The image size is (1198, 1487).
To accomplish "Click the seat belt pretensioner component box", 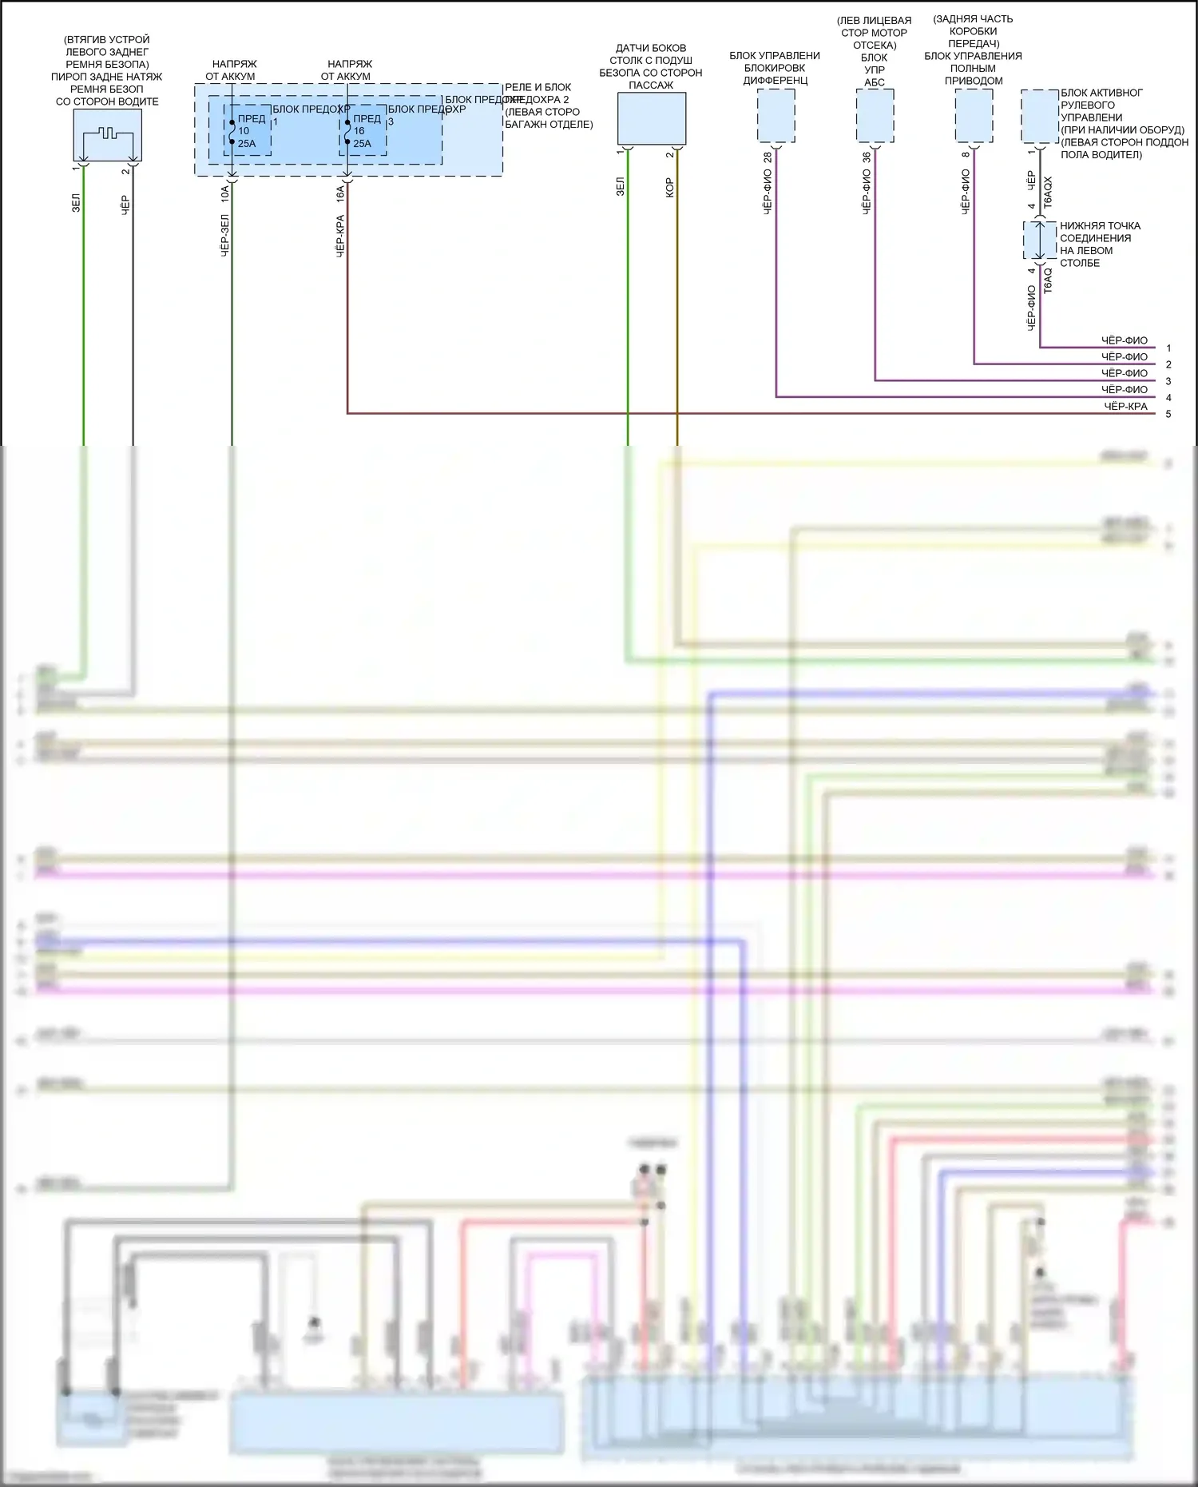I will coord(107,135).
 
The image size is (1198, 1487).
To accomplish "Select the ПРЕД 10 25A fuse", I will coord(248,130).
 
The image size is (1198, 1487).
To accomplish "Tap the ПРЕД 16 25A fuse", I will coord(363,130).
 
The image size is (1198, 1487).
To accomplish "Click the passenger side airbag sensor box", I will coord(652,118).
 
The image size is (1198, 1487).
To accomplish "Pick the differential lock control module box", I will coord(776,115).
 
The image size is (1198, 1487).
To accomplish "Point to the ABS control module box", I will coord(875,115).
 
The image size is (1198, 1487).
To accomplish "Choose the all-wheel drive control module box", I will coord(974,115).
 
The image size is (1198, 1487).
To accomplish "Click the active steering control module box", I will coord(1040,116).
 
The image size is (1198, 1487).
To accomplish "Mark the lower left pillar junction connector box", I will coord(1040,240).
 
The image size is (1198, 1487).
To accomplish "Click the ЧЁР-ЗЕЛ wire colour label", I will coord(225,235).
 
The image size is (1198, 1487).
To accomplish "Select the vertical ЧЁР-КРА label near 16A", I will coord(340,235).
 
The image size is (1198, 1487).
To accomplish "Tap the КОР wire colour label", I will coord(670,188).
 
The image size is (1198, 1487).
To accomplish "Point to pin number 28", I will coord(768,157).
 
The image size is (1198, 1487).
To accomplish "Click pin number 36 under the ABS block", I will coord(867,157).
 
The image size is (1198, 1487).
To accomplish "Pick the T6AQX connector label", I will coord(1048,193).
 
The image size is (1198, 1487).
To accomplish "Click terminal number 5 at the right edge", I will coord(1168,414).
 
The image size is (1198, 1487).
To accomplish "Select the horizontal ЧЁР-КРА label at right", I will coord(1125,406).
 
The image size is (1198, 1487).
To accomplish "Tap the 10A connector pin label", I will coord(225,192).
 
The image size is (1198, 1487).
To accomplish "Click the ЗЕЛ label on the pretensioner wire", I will coord(77,203).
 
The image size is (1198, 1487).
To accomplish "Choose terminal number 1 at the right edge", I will coord(1168,348).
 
